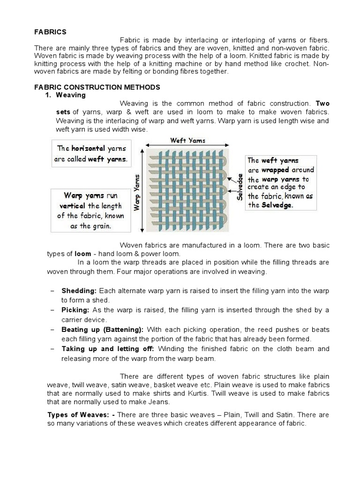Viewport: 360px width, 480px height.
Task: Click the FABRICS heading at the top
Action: tap(50, 32)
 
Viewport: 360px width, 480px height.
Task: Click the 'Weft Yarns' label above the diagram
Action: tap(187, 140)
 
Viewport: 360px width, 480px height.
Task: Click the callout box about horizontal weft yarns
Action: tap(91, 154)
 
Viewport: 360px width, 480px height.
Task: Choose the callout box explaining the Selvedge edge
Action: tap(281, 183)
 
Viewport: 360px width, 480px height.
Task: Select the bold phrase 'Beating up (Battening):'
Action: tap(102, 330)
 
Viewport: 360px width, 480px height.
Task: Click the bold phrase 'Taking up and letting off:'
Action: tap(109, 349)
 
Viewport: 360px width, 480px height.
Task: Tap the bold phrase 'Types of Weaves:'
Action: tap(81, 415)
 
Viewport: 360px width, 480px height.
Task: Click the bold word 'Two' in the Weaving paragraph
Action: tap(322, 104)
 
